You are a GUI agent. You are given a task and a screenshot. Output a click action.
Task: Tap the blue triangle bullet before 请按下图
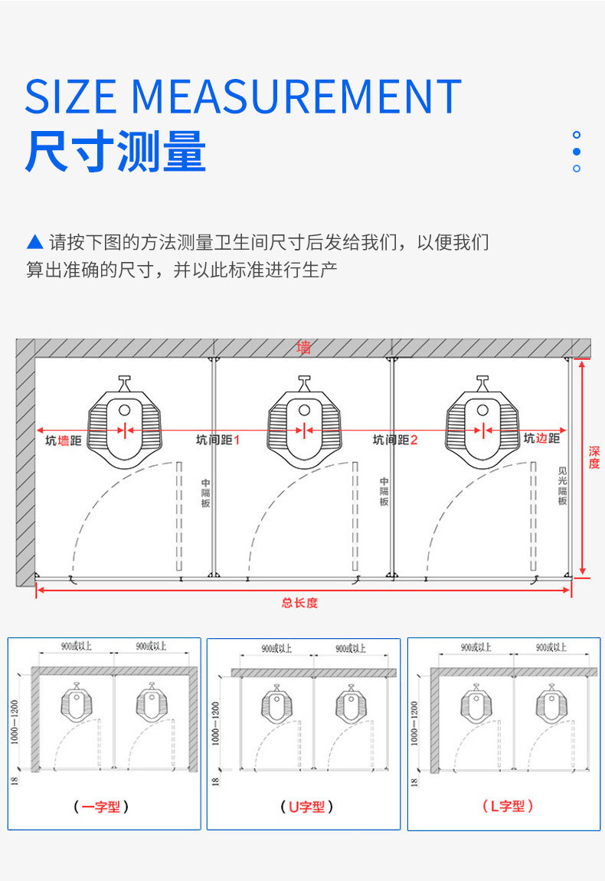click(x=34, y=243)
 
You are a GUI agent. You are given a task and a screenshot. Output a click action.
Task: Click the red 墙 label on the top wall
click(x=304, y=347)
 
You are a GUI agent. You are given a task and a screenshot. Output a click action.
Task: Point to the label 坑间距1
click(x=217, y=440)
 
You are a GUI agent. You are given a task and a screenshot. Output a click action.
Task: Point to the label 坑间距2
click(x=395, y=440)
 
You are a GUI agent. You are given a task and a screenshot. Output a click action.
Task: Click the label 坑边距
click(x=541, y=439)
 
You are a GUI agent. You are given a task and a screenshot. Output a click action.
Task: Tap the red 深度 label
click(x=594, y=457)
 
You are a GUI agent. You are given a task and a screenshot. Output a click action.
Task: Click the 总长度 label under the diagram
click(x=299, y=603)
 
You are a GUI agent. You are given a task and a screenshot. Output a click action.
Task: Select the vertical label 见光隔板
click(x=563, y=486)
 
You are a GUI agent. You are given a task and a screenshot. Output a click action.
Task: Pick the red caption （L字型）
click(x=507, y=806)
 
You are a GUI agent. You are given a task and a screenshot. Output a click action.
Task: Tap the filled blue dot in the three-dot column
click(x=577, y=152)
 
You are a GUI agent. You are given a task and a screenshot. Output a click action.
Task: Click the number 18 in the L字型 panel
click(x=414, y=782)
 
